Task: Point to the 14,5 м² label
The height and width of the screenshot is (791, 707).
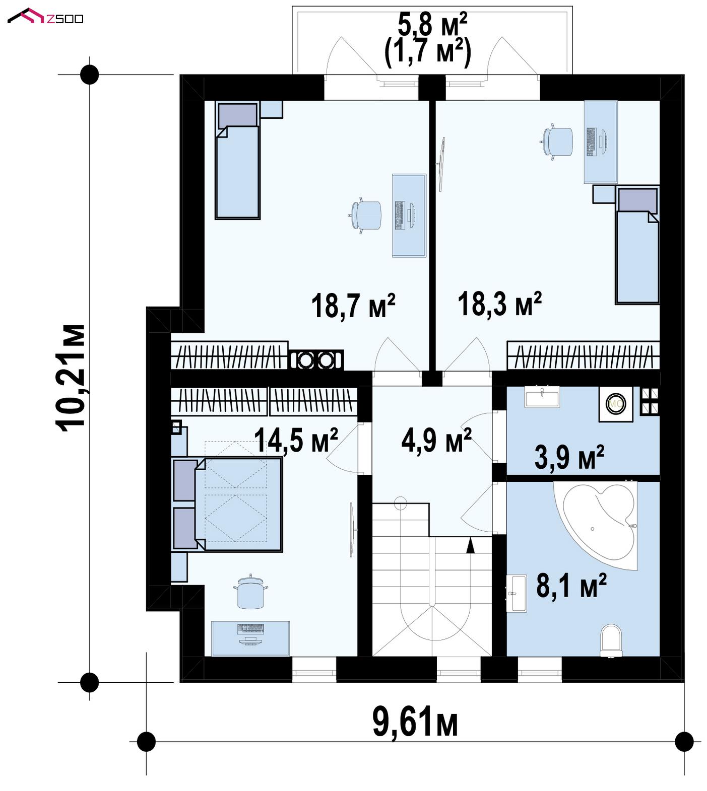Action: click(296, 440)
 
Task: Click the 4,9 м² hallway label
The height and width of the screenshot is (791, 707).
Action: click(436, 441)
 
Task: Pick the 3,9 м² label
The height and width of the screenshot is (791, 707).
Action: click(569, 457)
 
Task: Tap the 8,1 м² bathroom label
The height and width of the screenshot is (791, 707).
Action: click(571, 585)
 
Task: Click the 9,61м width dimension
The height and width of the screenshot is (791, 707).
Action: click(415, 722)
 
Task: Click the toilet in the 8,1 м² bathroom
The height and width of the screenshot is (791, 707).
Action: click(611, 640)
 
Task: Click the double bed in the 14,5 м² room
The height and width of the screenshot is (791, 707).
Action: click(227, 504)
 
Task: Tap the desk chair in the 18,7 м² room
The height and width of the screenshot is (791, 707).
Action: click(365, 217)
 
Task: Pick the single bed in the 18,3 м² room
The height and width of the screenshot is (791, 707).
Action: click(637, 246)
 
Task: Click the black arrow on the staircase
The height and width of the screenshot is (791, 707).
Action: click(471, 546)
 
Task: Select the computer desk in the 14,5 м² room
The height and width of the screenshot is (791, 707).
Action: click(250, 638)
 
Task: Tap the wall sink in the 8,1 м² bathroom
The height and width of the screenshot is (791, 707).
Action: click(517, 594)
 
